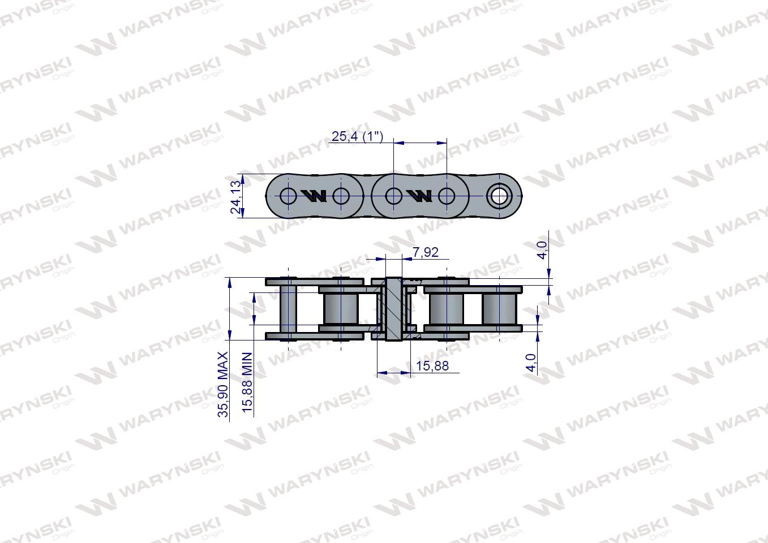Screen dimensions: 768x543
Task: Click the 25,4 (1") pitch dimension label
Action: click(357, 136)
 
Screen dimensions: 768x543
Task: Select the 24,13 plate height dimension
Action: click(236, 197)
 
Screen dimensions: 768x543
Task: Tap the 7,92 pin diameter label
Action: click(426, 252)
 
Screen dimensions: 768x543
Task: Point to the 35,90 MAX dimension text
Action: click(223, 385)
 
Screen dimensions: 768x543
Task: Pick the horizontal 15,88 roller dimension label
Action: click(432, 366)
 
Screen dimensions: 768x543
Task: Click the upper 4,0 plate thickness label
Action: click(542, 250)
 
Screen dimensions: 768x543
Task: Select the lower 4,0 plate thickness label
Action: click(531, 363)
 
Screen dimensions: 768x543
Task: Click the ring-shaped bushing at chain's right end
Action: click(500, 196)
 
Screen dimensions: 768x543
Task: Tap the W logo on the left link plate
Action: click(314, 196)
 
